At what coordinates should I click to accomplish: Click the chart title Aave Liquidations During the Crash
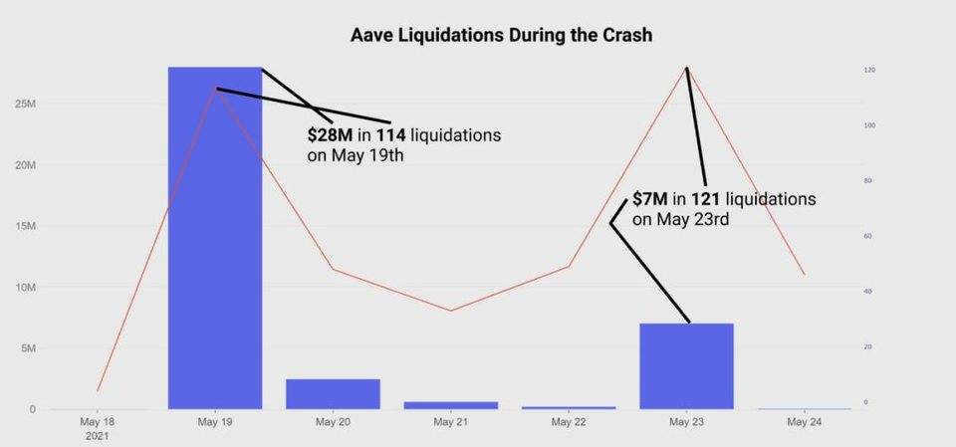[501, 36]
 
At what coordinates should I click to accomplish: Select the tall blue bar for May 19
[215, 239]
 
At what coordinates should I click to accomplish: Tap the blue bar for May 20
[333, 394]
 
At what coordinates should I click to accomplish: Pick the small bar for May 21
[450, 405]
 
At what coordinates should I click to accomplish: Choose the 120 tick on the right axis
[869, 70]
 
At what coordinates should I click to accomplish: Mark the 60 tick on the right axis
[868, 236]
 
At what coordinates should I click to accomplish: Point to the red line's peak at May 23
[686, 68]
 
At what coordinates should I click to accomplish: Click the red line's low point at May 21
[450, 311]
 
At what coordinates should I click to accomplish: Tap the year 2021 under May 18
[98, 436]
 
